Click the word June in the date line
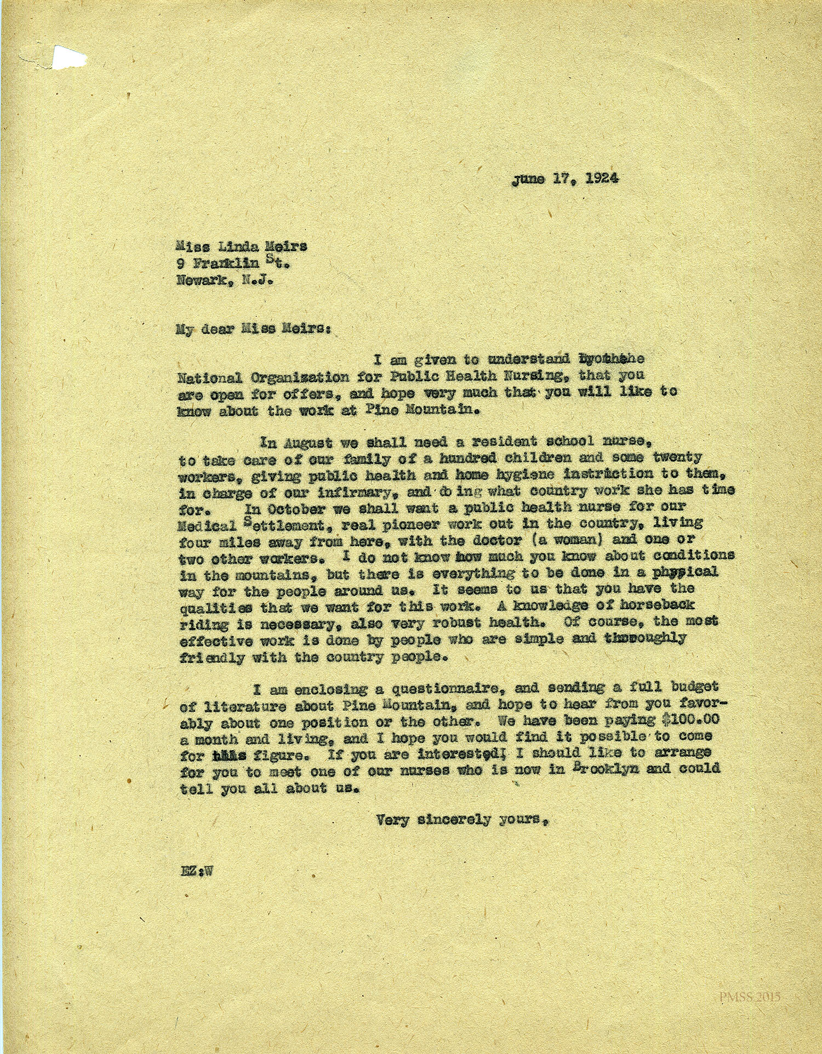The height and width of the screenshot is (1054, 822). pyautogui.click(x=529, y=179)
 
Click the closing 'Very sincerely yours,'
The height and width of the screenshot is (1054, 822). pyautogui.click(x=463, y=820)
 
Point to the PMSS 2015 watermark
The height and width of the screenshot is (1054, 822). pyautogui.click(x=750, y=996)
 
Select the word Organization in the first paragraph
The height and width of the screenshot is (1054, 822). pyautogui.click(x=307, y=377)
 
